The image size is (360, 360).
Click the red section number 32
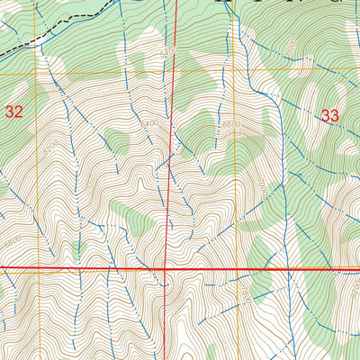click(x=13, y=112)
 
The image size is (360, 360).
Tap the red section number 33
click(x=329, y=115)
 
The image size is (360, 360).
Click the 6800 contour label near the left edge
click(x=11, y=241)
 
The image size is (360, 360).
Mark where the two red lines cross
click(x=166, y=268)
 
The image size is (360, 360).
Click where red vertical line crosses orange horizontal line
click(x=174, y=68)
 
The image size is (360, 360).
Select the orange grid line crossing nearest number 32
click(x=38, y=68)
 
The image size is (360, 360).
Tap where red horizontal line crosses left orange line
click(x=38, y=268)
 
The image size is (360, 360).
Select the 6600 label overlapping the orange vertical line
click(x=232, y=123)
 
